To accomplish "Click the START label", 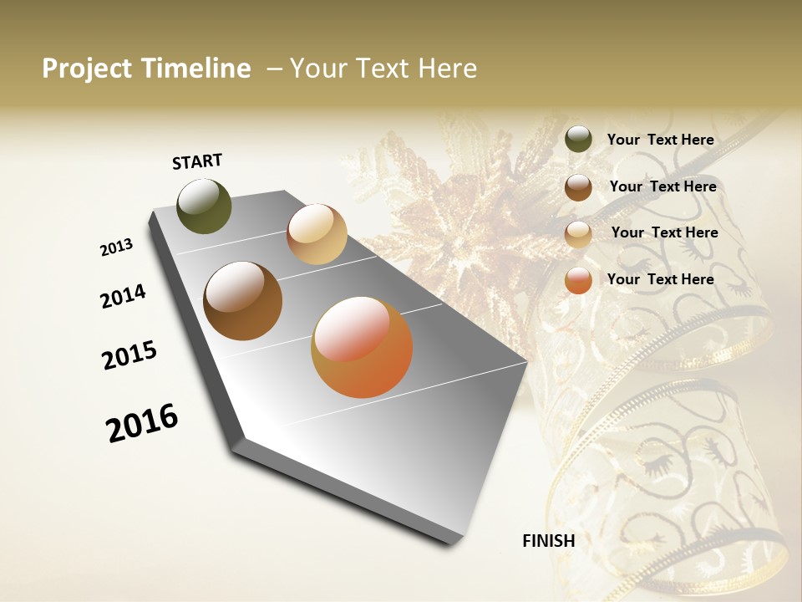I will (x=197, y=161).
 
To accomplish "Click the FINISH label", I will (x=549, y=541).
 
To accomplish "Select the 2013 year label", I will (x=116, y=247).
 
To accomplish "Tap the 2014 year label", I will (x=123, y=297).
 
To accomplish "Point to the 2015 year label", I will (x=129, y=355).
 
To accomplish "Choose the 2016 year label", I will (x=142, y=423).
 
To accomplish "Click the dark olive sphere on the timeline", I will (x=204, y=206).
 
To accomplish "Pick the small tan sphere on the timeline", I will (x=317, y=234).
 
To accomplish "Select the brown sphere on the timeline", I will (x=242, y=301).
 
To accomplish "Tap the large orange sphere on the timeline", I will (x=362, y=347).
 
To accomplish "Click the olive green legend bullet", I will (x=578, y=140).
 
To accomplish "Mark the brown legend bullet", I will (x=578, y=187).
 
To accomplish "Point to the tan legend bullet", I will (x=578, y=234).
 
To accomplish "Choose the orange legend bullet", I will (x=578, y=281).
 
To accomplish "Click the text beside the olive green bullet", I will (x=660, y=140).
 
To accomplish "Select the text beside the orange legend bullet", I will (x=660, y=279).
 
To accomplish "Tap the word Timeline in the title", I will (x=196, y=69).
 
